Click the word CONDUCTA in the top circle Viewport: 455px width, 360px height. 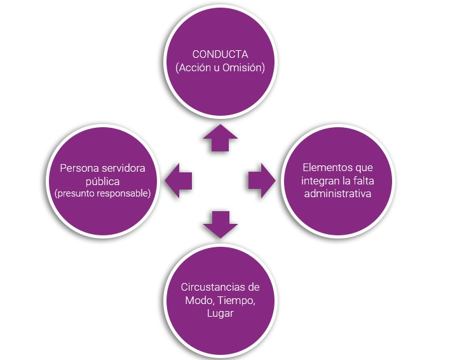220,55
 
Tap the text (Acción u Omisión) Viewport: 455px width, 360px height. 220,67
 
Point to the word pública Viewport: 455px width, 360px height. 102,181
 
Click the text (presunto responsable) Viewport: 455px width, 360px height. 102,193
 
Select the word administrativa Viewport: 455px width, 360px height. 337,193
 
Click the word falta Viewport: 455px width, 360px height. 360,181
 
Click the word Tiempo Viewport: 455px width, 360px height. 236,300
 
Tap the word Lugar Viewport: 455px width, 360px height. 220,312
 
